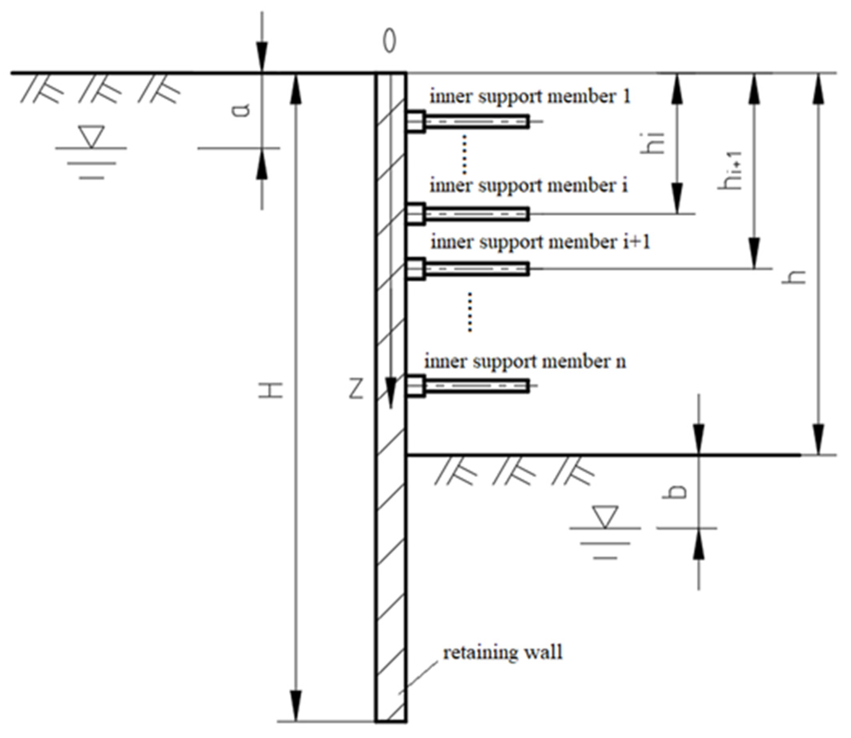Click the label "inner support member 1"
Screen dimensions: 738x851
[x=530, y=97]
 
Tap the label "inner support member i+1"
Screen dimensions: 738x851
[x=540, y=242]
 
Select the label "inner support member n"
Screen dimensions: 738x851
[x=525, y=362]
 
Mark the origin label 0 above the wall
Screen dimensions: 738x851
[x=389, y=42]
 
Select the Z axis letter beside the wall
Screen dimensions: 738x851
[x=356, y=390]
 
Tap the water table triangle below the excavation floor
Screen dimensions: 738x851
[x=605, y=517]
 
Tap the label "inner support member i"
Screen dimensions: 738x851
[x=528, y=186]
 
